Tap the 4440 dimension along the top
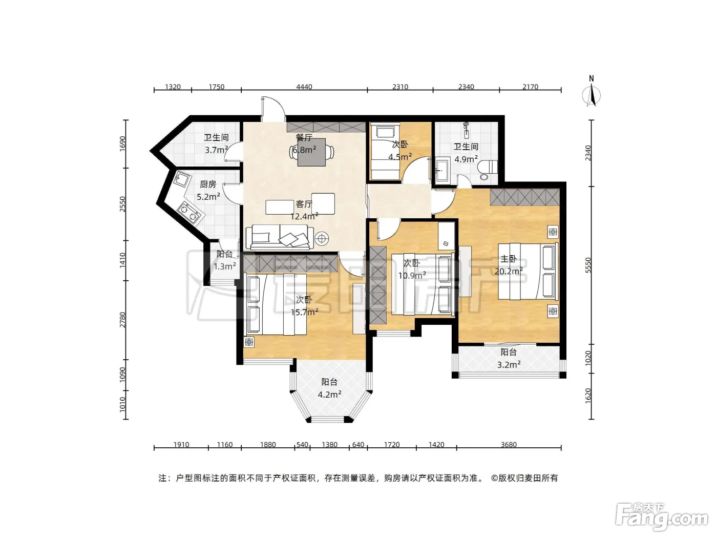coord(304,87)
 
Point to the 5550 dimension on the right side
coord(588,265)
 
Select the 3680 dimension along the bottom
coord(509,445)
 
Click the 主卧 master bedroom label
coord(509,259)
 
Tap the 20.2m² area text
coord(509,271)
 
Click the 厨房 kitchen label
coord(208,184)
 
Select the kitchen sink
coord(181,179)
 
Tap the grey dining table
coord(311,152)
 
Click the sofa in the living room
coord(280,237)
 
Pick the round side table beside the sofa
coord(322,238)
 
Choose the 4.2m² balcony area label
coord(330,395)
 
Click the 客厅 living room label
coord(304,204)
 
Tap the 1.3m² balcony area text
coord(225,266)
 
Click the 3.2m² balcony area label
coord(509,364)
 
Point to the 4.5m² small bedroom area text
coord(400,157)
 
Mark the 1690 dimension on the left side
coord(122,144)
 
